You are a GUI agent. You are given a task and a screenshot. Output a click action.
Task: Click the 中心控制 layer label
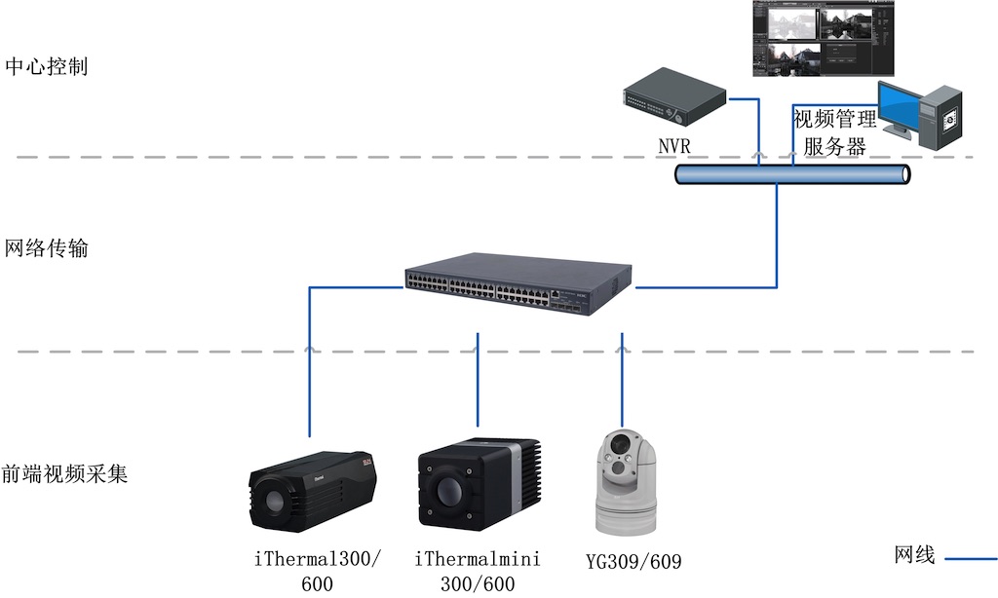[47, 67]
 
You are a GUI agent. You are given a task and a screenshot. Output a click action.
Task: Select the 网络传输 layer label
[47, 248]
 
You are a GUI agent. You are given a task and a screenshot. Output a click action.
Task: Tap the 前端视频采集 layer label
[64, 475]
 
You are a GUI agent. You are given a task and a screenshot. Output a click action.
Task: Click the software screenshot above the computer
[824, 39]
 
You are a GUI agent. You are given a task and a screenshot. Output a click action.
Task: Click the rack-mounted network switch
[517, 285]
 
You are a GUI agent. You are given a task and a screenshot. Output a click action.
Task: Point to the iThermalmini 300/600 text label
[478, 571]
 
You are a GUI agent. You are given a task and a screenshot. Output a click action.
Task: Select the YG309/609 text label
[634, 561]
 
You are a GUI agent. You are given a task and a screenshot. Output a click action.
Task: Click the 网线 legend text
[914, 555]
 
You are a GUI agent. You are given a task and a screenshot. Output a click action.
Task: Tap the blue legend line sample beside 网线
[970, 559]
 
